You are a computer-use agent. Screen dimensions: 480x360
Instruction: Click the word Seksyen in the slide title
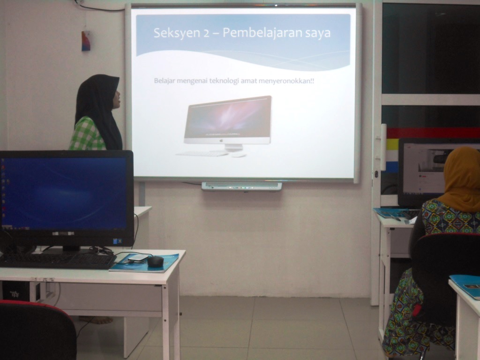coord(177,33)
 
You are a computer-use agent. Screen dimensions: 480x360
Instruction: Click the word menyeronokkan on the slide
coord(285,81)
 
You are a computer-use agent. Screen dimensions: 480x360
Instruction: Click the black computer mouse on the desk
coord(156,262)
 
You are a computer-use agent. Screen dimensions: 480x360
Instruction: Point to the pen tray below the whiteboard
coord(241,186)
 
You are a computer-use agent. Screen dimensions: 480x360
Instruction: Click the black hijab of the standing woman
coord(99,110)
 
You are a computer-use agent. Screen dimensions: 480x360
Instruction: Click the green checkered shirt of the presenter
coord(87,134)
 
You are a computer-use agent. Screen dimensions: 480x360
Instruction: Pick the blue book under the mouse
coord(144,263)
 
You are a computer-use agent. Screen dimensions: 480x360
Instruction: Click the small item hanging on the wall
coord(86,41)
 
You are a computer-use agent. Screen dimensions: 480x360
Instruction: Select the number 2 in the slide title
coord(206,33)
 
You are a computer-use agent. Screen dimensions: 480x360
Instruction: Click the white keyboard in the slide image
coord(202,153)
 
